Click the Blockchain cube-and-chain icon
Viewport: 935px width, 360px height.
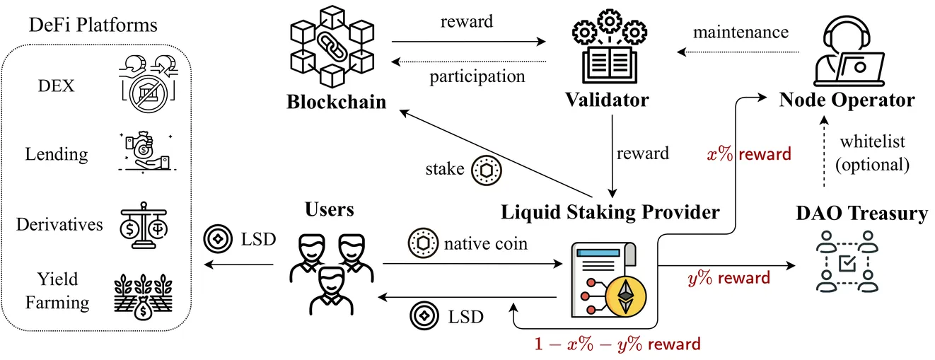[332, 46]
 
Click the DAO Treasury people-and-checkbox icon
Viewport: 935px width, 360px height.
[847, 262]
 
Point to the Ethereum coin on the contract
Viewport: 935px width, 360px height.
[625, 296]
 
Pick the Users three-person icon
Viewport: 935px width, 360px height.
[332, 274]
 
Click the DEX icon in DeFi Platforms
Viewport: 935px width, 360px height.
[149, 83]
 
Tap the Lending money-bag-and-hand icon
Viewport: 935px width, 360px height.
[147, 151]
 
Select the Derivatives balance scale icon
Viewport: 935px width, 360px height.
[144, 226]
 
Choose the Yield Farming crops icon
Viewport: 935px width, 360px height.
[143, 296]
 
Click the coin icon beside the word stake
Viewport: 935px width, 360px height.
[487, 170]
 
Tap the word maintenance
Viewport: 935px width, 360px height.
[741, 32]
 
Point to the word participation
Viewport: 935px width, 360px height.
[477, 77]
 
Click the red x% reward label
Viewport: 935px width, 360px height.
[749, 154]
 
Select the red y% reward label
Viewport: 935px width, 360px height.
[728, 278]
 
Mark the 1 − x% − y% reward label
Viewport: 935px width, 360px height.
[617, 344]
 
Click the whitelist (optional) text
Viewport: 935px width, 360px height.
[872, 153]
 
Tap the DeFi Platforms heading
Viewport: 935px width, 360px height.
[93, 25]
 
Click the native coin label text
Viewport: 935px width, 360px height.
[485, 243]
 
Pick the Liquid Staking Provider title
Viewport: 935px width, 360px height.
[610, 212]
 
